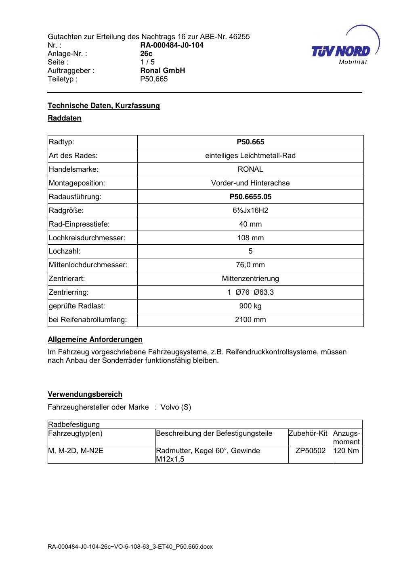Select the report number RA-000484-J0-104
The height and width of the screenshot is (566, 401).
pos(172,45)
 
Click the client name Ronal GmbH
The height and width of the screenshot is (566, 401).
pos(162,71)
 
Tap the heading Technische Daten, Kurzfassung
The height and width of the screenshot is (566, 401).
pos(104,106)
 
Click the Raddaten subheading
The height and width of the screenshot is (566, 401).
pos(65,118)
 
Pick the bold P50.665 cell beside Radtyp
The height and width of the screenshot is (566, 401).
pos(250,142)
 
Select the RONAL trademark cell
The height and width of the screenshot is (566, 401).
pos(250,169)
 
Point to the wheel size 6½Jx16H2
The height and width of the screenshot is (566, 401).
pos(250,210)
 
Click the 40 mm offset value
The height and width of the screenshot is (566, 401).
pos(250,224)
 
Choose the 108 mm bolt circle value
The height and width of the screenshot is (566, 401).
pos(250,238)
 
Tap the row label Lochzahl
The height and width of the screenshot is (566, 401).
pos(65,252)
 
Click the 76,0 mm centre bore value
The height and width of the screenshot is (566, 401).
pos(250,265)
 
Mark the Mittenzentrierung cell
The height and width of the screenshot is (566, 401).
pos(250,279)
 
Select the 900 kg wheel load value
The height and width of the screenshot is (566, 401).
pos(250,306)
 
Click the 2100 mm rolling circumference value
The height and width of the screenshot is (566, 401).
pos(250,320)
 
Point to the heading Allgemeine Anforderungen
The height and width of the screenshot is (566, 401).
pos(95,339)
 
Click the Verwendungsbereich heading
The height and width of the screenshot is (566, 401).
pos(85,394)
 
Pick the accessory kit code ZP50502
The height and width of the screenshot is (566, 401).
pos(310,451)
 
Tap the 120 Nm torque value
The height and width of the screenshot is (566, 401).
pos(347,451)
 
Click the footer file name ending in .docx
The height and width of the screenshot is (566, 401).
pos(130,547)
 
